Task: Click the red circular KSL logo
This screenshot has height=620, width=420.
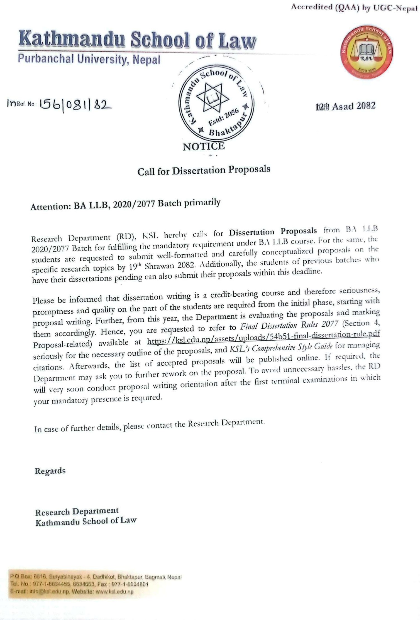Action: pos(366,53)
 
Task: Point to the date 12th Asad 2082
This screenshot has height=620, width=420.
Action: pos(346,106)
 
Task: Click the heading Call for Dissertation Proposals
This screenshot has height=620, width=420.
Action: pos(204,170)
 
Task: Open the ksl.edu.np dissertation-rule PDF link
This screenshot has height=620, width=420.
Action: pos(263,338)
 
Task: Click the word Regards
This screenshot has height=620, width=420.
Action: pos(50,471)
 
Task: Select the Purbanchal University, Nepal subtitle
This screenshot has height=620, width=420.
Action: pos(89,59)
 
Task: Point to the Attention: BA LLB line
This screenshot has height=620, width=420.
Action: pos(125,205)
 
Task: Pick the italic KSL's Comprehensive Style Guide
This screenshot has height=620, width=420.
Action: pos(281,348)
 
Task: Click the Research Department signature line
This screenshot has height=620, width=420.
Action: pos(77,511)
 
